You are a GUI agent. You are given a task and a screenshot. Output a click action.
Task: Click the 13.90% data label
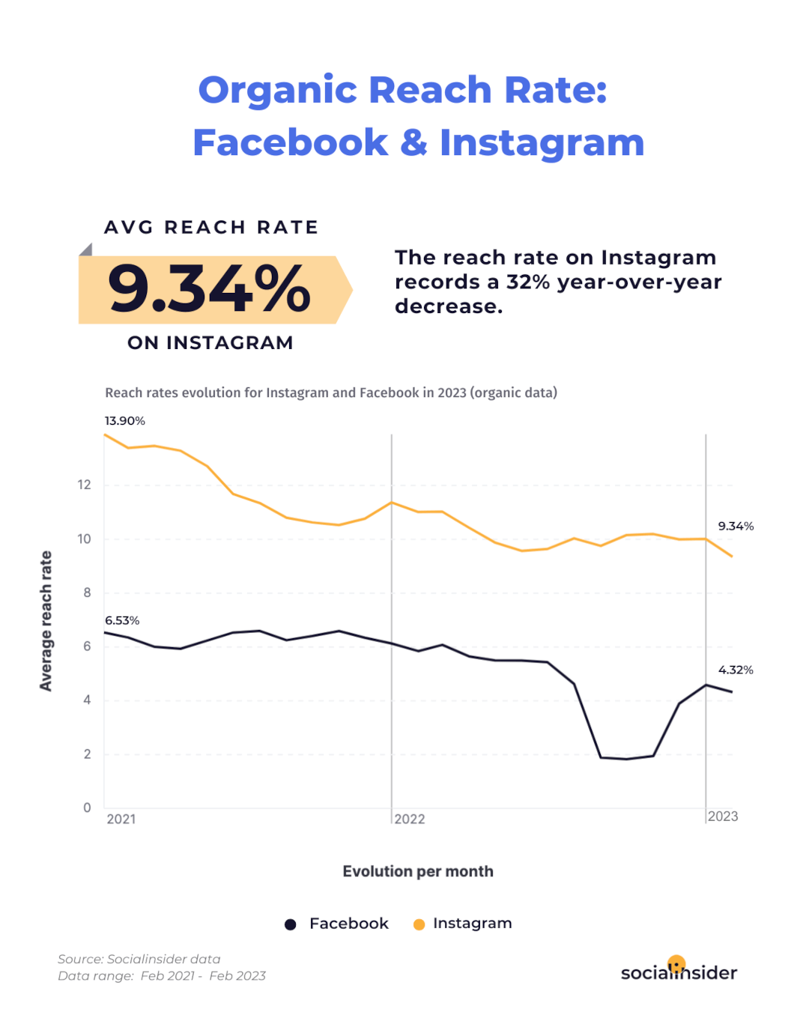pos(124,421)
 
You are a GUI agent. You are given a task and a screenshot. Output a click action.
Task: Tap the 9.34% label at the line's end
pos(736,527)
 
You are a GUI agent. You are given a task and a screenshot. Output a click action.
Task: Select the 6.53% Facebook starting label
pos(122,621)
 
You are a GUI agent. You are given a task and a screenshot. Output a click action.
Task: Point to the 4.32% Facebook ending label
pos(736,670)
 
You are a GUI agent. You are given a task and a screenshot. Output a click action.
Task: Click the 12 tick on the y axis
pos(84,485)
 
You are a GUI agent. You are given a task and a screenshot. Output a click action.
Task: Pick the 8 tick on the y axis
pos(87,593)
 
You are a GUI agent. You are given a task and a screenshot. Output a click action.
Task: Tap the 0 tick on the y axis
pos(87,808)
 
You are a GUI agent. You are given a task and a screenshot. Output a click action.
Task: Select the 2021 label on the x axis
pos(121,820)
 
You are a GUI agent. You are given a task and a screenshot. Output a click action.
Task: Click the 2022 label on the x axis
pos(410,820)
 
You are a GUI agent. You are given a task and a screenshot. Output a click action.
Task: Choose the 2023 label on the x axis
pos(723,817)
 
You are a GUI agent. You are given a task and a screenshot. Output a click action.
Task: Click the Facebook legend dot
pos(291,924)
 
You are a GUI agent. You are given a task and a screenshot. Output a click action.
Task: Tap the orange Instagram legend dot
pos(419,924)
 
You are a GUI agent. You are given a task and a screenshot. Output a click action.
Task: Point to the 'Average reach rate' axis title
pos(46,621)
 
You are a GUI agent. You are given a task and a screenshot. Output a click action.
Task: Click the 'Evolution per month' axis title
pos(418,872)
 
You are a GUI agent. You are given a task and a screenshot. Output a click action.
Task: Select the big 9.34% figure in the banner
pos(209,289)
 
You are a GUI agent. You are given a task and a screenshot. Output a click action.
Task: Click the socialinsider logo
pos(679,971)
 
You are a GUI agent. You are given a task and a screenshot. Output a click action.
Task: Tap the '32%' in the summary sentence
pos(527,282)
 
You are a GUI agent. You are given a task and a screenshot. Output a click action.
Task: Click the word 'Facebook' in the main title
pos(291,142)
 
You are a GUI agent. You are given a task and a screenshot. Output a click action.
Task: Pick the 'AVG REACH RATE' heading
pos(211,228)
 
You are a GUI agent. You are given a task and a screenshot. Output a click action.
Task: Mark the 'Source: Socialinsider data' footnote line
pos(139,960)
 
